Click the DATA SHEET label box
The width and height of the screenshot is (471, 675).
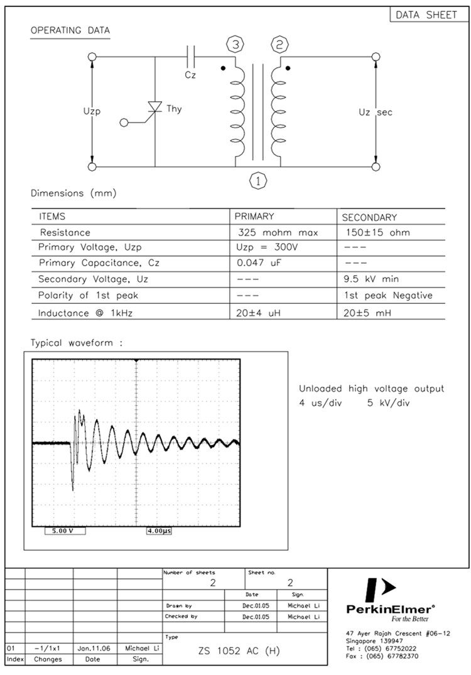tap(427, 15)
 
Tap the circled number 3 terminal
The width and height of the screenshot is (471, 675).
tap(235, 45)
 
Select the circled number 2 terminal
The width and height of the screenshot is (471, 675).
tap(279, 45)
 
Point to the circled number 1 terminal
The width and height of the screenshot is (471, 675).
tap(258, 181)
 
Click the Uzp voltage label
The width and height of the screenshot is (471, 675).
tap(92, 111)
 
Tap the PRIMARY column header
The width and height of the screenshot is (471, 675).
tap(254, 217)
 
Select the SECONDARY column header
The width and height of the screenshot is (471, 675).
tap(369, 217)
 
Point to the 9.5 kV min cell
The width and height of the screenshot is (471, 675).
tap(372, 279)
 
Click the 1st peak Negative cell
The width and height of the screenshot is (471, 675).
tap(388, 295)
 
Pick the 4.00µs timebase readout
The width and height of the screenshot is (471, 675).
tap(159, 531)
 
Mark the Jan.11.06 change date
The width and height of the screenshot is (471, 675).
tap(94, 647)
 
